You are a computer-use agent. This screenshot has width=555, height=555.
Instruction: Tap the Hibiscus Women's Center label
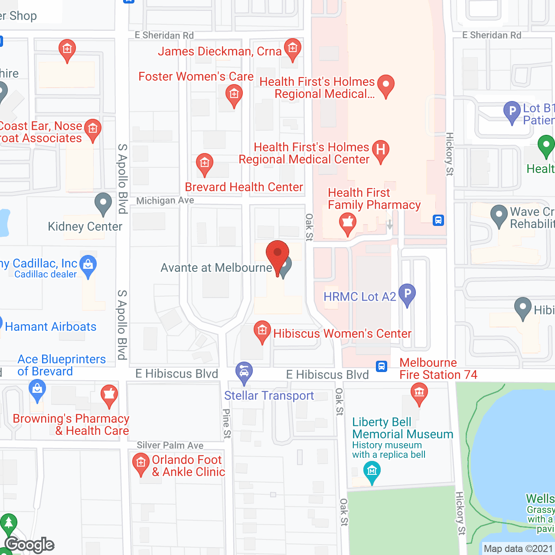342,333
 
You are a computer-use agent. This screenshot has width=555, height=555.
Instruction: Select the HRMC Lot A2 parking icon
407,294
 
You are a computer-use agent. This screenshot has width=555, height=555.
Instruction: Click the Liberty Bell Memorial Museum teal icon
372,471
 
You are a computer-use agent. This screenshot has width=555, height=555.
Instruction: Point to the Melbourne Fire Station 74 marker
419,393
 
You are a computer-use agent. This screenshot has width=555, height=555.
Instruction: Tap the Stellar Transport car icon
244,372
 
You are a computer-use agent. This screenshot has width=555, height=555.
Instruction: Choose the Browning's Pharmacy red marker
109,395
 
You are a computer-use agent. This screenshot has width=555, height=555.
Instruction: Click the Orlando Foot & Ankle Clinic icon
140,463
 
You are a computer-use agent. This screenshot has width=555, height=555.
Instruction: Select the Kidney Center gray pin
103,203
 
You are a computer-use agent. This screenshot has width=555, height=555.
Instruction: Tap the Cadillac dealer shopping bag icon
88,264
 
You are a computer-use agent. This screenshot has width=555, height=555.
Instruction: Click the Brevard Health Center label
244,187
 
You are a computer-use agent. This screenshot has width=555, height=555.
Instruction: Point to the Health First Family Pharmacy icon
347,223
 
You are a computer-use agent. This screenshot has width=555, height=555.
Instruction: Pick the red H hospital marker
380,150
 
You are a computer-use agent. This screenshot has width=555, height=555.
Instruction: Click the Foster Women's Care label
196,77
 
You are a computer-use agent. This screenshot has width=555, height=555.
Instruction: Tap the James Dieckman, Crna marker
293,48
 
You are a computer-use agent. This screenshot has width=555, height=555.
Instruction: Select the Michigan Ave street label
165,200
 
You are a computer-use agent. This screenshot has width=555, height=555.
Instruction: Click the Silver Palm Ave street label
170,445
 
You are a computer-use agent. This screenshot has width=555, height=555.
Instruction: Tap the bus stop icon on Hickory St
438,220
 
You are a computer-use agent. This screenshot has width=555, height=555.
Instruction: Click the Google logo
29,545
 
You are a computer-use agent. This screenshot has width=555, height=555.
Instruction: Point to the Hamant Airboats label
51,326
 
